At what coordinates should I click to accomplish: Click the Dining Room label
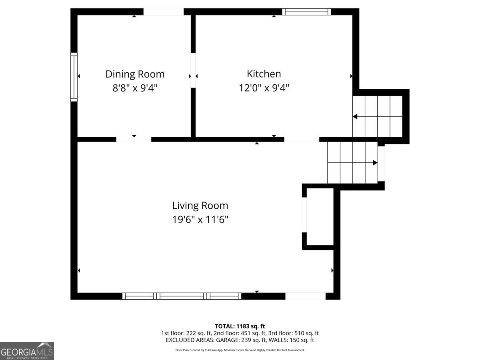(135, 74)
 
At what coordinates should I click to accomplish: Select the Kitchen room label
(264, 74)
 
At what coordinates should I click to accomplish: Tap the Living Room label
(200, 206)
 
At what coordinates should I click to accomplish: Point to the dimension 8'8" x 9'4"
(135, 88)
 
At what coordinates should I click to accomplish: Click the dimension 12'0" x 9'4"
(264, 88)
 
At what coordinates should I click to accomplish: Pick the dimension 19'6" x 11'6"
(200, 219)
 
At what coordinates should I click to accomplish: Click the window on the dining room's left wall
(74, 76)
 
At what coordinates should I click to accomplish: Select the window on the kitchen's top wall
(306, 12)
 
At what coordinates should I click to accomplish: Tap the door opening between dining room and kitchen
(193, 70)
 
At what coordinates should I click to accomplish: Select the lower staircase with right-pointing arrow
(352, 162)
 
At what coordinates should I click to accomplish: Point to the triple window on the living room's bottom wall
(182, 296)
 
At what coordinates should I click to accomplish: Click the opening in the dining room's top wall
(163, 12)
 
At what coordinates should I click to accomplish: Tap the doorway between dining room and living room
(134, 139)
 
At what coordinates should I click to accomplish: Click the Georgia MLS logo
(27, 351)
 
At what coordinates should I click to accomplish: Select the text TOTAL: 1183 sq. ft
(240, 326)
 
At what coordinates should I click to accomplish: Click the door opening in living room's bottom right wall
(305, 296)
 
